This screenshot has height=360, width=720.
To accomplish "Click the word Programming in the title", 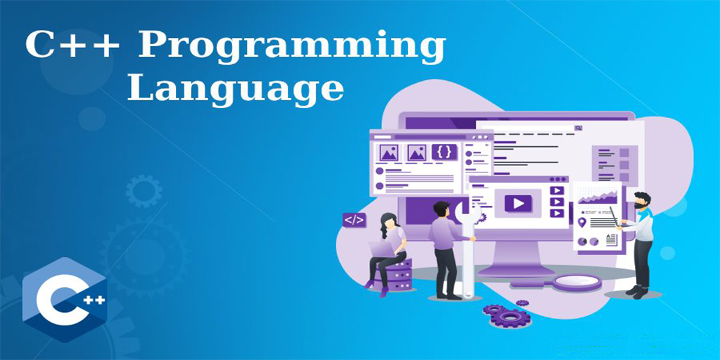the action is (x=292, y=47).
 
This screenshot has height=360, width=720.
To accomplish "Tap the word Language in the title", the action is (x=236, y=89).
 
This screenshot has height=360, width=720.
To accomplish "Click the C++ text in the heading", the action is (x=72, y=44).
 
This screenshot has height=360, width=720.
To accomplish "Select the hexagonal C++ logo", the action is (x=64, y=299).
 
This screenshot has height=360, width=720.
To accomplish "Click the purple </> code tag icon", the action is (x=354, y=220).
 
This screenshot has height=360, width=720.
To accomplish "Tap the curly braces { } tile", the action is (x=444, y=152).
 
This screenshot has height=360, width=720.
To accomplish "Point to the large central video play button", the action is (x=518, y=203).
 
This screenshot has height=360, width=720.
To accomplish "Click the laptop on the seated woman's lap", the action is (x=383, y=249).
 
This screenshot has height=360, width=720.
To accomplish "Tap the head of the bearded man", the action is (x=642, y=201).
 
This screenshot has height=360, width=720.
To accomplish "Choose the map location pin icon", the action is (x=582, y=222).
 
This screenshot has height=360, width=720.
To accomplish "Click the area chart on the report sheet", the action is (x=598, y=197).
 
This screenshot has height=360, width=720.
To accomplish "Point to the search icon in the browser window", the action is (x=578, y=128).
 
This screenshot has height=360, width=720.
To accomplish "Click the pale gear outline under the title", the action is (x=143, y=191).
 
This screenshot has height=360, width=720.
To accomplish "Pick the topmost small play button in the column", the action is (x=557, y=191).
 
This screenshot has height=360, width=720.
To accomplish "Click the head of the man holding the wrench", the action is (x=441, y=209).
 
